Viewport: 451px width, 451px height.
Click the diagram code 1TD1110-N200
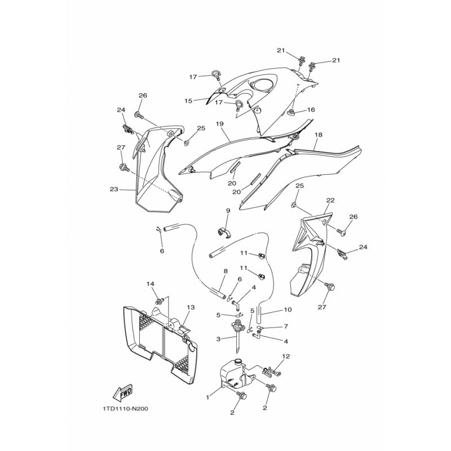(x=125, y=409)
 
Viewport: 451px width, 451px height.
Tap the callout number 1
(x=207, y=397)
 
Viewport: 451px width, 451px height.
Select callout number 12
(x=286, y=356)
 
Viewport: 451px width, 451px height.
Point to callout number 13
(x=191, y=307)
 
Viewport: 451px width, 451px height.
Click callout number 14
(x=150, y=284)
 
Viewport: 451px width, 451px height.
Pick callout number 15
(x=188, y=101)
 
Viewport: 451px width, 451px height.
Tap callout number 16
(x=311, y=109)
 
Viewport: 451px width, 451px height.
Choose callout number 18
(x=319, y=135)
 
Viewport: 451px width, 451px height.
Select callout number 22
(x=330, y=200)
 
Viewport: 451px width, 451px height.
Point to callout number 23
(x=114, y=189)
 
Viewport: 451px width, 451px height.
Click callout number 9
(x=228, y=211)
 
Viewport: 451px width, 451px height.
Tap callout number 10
(x=288, y=309)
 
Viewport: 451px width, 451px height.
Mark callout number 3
(x=219, y=339)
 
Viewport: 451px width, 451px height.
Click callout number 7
(x=286, y=326)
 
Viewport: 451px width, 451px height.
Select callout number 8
(x=225, y=271)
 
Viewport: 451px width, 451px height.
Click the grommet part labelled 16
(x=291, y=113)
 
